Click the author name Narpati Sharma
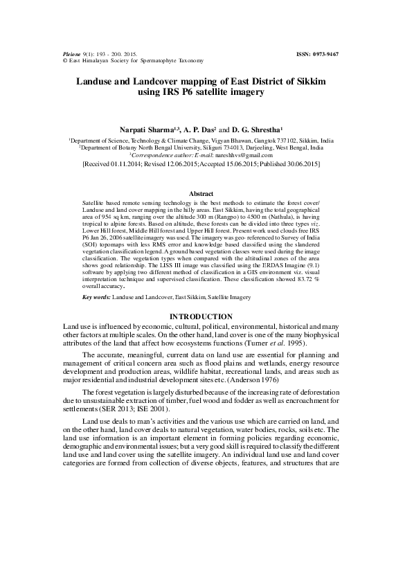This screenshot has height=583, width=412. [x=154, y=129]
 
